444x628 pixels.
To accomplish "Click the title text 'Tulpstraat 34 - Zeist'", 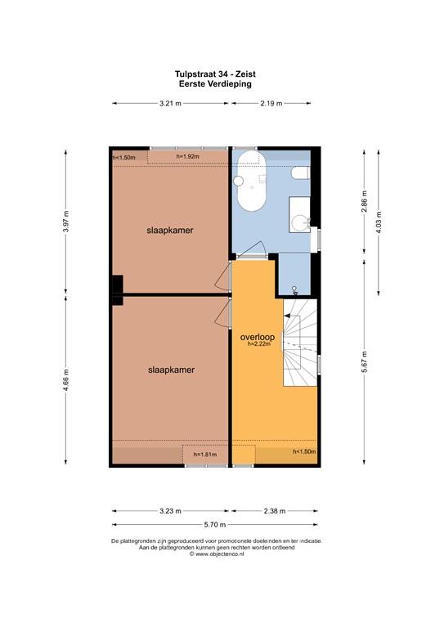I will [221, 74].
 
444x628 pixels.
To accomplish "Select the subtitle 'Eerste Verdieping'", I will [221, 83].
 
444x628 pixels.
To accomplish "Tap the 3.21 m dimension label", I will [169, 104].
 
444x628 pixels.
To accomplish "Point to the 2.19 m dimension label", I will [271, 104].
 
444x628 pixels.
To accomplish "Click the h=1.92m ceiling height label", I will [187, 155].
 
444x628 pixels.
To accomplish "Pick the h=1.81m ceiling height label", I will [205, 455].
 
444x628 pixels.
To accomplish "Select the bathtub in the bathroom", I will [247, 191].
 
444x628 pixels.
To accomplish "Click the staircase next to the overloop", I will [298, 343].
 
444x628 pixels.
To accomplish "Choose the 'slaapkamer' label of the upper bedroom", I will [170, 231].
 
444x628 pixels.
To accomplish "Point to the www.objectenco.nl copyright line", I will [217, 554].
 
